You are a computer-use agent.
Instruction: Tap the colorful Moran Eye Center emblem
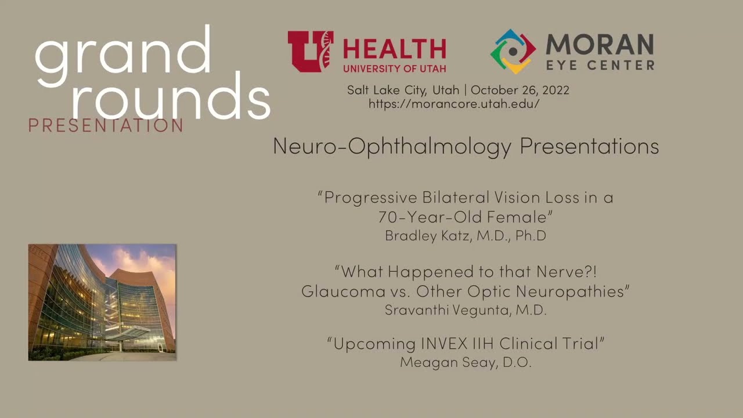(513, 52)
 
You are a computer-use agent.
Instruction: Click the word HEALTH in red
(394, 49)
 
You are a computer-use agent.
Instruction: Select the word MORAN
(600, 44)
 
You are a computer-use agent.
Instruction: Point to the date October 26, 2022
(520, 90)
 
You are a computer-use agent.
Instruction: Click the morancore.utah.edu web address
(454, 104)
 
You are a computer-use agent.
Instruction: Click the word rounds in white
(171, 96)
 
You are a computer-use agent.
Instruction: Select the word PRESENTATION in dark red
(106, 125)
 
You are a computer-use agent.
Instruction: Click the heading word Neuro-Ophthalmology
(392, 146)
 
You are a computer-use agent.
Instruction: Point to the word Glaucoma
(343, 291)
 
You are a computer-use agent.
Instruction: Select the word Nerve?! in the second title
(567, 271)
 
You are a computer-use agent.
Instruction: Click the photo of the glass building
(102, 302)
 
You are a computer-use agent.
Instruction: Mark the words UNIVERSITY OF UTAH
(394, 69)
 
